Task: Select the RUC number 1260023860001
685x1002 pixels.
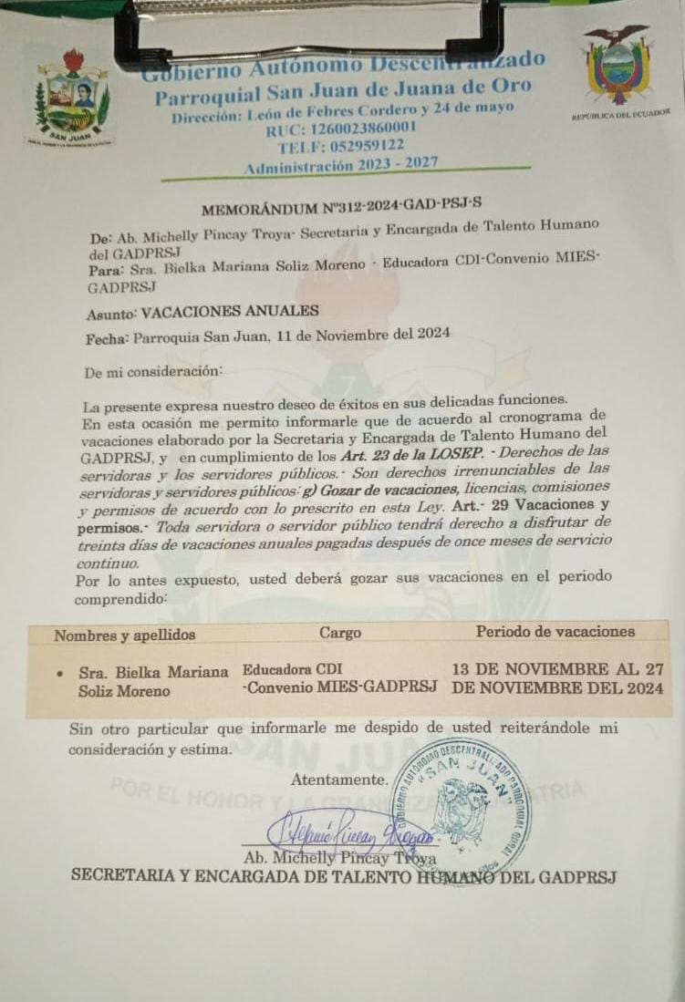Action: pyautogui.click(x=365, y=129)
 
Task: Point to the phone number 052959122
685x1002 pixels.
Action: pyautogui.click(x=365, y=146)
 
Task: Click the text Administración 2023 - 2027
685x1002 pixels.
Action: pyautogui.click(x=340, y=165)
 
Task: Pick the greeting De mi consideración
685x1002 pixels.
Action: pyautogui.click(x=152, y=372)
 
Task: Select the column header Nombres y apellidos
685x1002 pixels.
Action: pyautogui.click(x=124, y=635)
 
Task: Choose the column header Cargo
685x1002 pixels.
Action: pyautogui.click(x=340, y=632)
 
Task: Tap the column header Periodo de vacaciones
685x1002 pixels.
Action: pyautogui.click(x=555, y=631)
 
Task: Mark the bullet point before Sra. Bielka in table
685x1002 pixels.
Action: pyautogui.click(x=59, y=673)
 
